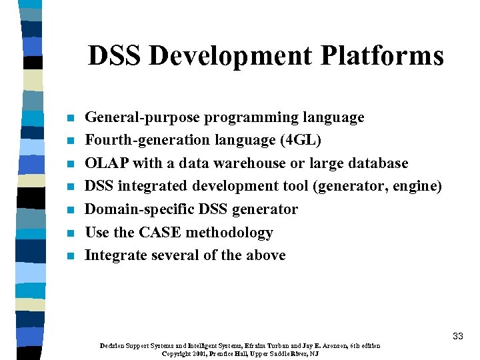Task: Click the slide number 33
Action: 457,336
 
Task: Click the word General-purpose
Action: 142,118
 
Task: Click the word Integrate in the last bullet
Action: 116,255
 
